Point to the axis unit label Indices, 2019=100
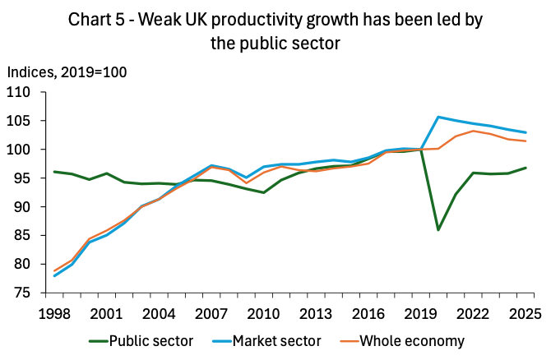(67, 72)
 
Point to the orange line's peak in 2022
(472, 131)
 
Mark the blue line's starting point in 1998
(55, 275)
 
